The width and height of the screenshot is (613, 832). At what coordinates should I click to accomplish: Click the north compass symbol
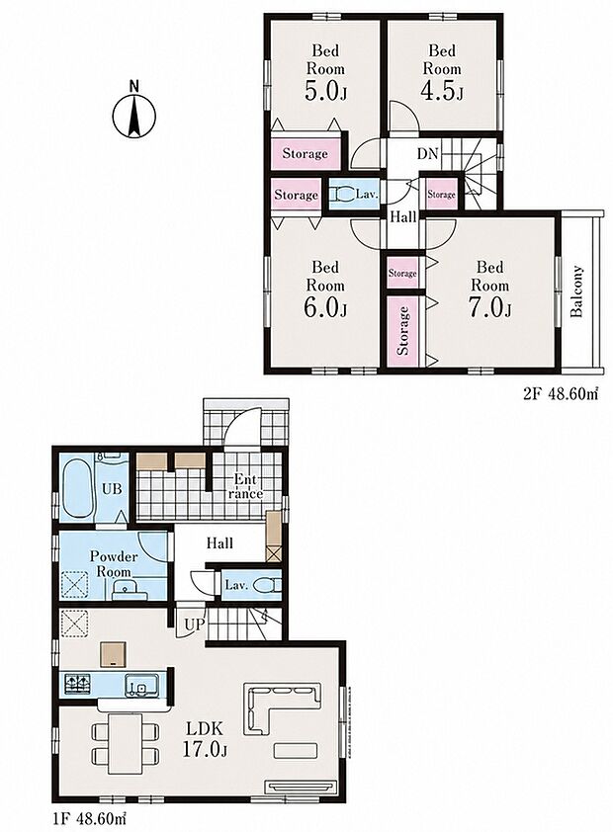click(x=134, y=113)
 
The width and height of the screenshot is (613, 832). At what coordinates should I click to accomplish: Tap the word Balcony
click(x=576, y=291)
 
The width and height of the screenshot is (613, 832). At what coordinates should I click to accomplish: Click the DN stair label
click(x=427, y=154)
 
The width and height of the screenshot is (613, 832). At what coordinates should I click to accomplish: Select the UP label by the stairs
click(x=194, y=624)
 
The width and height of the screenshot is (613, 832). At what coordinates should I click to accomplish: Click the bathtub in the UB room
click(x=77, y=489)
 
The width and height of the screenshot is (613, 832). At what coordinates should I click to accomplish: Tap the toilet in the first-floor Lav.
click(x=263, y=586)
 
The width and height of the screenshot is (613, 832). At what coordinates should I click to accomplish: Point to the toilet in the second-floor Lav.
click(x=343, y=195)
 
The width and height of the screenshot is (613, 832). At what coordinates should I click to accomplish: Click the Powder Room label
click(x=113, y=564)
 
